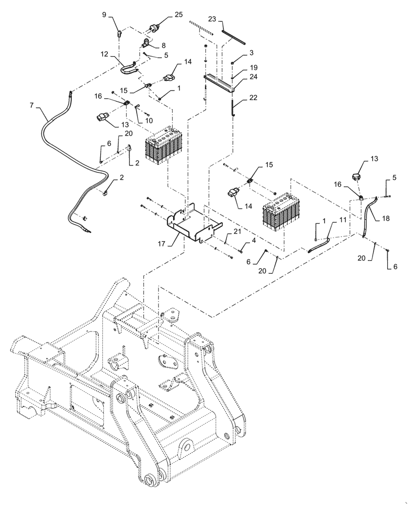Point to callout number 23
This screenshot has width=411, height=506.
pos(212,19)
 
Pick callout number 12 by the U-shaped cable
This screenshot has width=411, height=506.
pos(104,54)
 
